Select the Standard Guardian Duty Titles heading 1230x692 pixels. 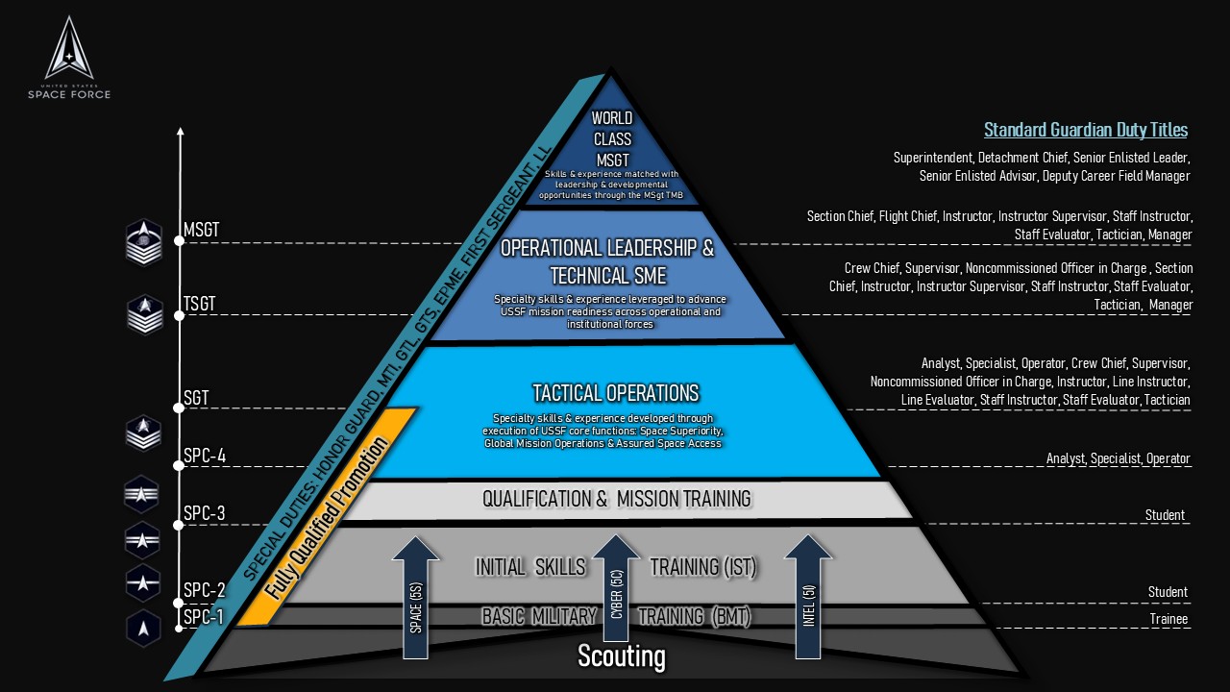pyautogui.click(x=1085, y=130)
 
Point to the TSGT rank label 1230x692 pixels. pyautogui.click(x=200, y=305)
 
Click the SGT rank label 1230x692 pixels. pyautogui.click(x=196, y=397)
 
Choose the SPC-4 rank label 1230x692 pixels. pyautogui.click(x=204, y=455)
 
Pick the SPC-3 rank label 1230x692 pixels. pyautogui.click(x=204, y=513)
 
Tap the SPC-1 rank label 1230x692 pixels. pyautogui.click(x=204, y=617)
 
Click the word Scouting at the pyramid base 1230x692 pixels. pyautogui.click(x=621, y=656)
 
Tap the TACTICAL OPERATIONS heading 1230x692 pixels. pyautogui.click(x=616, y=392)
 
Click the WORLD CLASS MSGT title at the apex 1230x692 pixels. pyautogui.click(x=612, y=139)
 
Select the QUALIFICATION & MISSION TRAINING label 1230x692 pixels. pyautogui.click(x=616, y=499)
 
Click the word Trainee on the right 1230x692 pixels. pyautogui.click(x=1168, y=619)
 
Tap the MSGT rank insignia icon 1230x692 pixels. pyautogui.click(x=144, y=242)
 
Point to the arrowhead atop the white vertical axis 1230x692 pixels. pyautogui.click(x=179, y=131)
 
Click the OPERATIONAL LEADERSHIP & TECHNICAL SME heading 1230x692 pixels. pyautogui.click(x=607, y=261)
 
